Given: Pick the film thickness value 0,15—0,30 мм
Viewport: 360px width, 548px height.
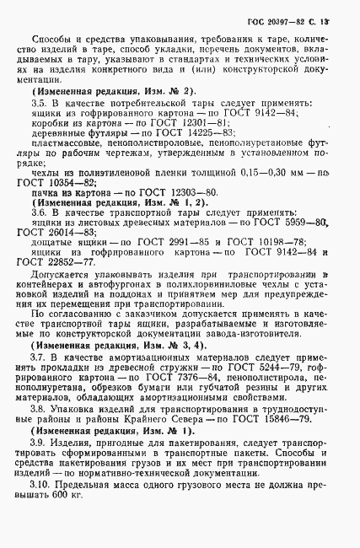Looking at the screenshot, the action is coord(242,172).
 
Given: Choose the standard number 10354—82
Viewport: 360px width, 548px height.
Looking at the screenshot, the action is coord(78,183).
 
